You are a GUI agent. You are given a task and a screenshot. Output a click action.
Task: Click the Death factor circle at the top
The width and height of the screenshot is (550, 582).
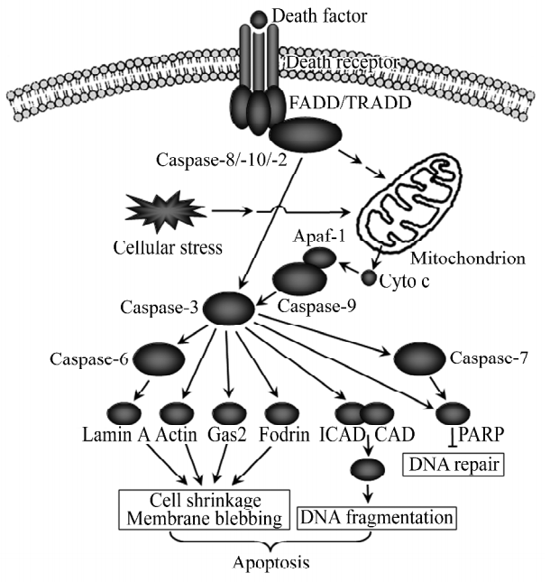259,17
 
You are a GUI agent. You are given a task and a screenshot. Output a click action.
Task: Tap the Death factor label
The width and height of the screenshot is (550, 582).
313,15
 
